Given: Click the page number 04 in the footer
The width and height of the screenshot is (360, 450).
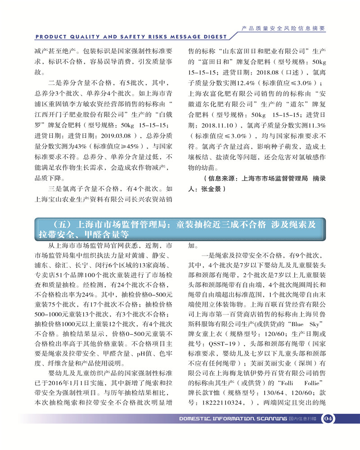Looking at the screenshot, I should pyautogui.click(x=328, y=418).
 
